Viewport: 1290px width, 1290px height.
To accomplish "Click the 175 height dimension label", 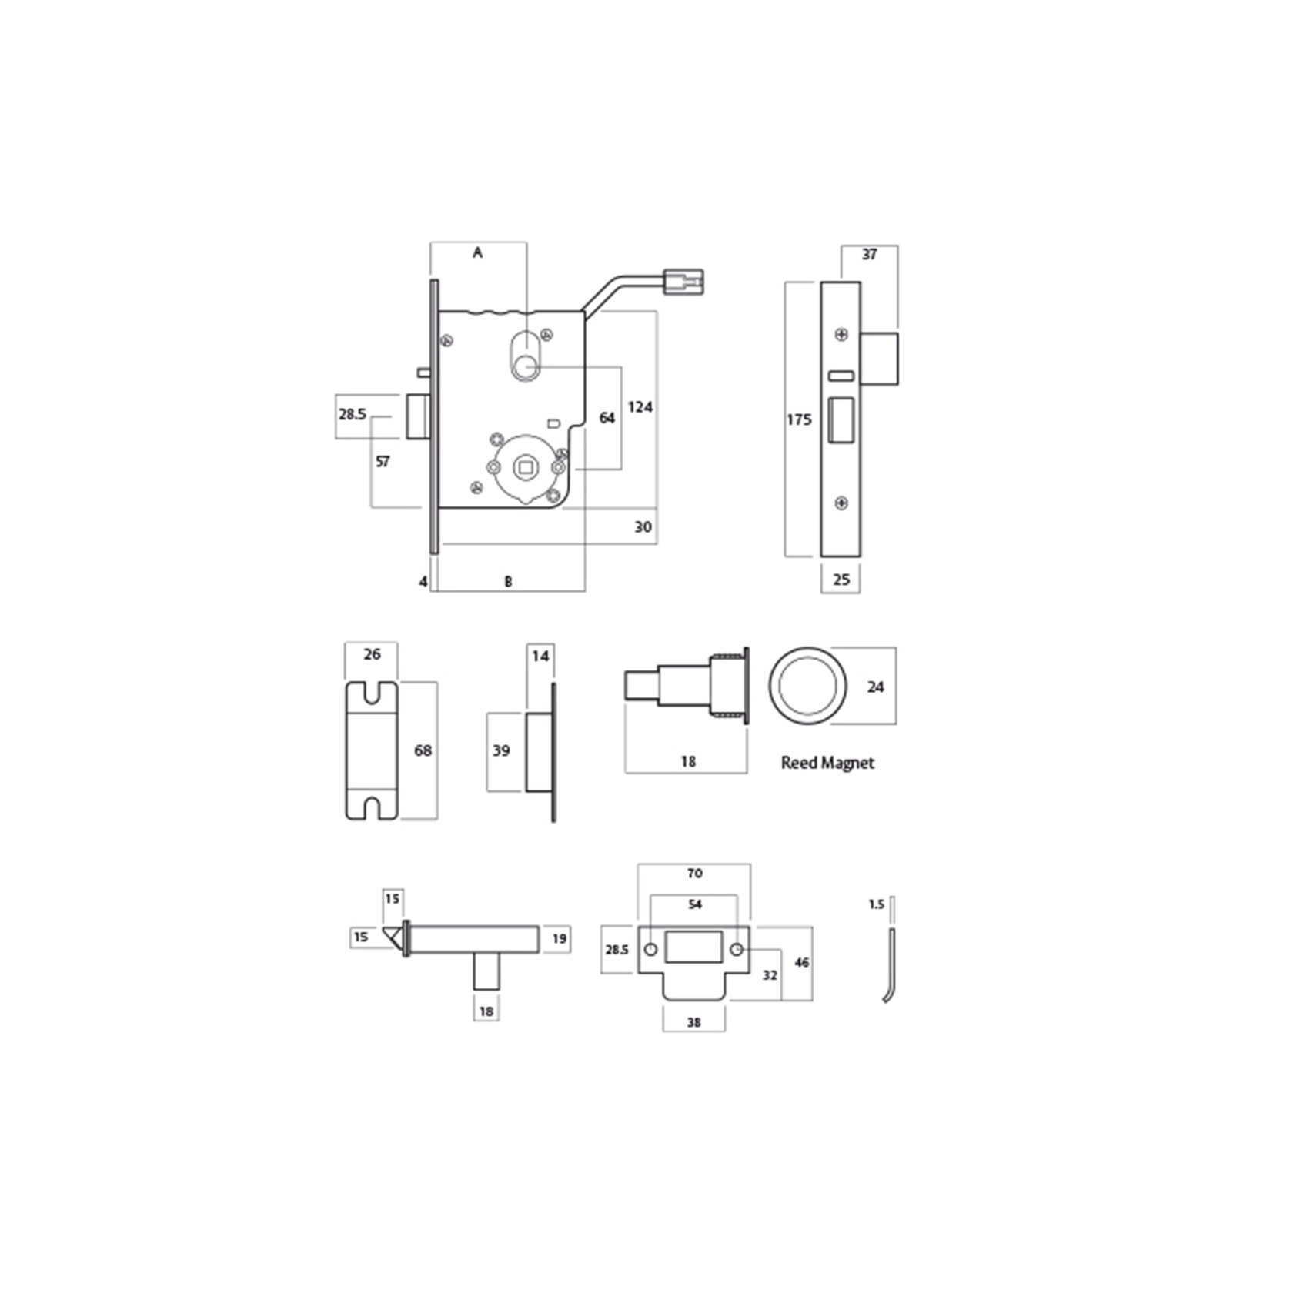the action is (799, 419).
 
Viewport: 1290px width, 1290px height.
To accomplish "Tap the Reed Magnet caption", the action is (827, 763).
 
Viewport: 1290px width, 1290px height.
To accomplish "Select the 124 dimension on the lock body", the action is (640, 406).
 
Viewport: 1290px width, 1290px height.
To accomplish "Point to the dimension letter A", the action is (477, 252).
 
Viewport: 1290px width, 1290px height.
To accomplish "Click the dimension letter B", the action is (508, 582).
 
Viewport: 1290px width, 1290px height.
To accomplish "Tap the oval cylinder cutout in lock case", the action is (526, 355).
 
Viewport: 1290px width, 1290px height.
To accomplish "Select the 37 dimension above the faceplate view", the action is (869, 254).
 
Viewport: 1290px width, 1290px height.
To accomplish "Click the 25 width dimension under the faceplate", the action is (841, 579).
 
